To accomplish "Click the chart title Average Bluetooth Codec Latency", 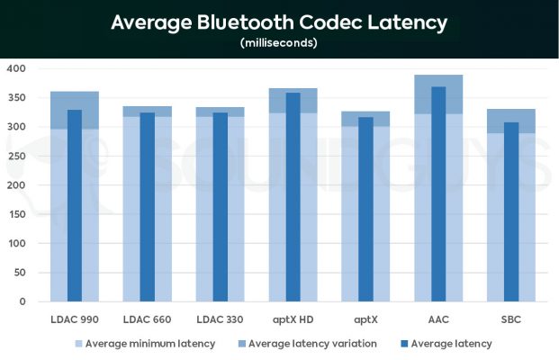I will pos(279,22).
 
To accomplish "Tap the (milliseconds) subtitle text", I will pos(279,42).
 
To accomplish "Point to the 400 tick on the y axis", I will pos(15,68).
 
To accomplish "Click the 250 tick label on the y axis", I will pos(15,156).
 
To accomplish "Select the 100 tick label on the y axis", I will pos(15,243).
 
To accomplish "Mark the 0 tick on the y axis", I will pos(23,301).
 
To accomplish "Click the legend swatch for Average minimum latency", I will pos(78,344).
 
